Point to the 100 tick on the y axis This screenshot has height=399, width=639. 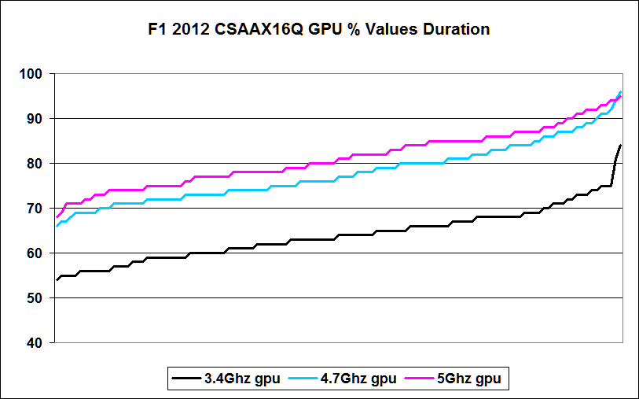coord(36,74)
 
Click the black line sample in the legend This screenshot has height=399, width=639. coord(185,379)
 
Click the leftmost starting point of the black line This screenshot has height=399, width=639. coord(57,279)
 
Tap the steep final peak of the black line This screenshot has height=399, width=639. coord(620,146)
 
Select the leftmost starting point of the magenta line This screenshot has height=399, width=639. coord(57,216)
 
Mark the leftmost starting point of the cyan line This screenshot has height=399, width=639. coord(57,226)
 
